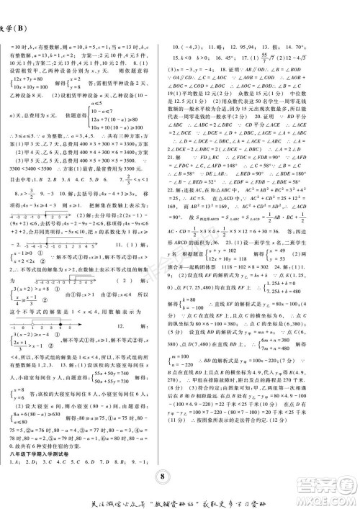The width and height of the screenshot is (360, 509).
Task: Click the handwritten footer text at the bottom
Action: point(180,497)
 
